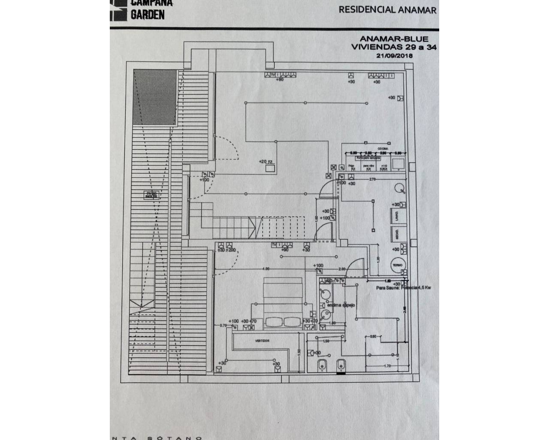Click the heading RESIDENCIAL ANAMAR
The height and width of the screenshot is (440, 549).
click(x=387, y=10)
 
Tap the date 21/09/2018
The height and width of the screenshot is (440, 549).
click(x=394, y=55)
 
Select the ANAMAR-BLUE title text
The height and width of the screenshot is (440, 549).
click(x=394, y=39)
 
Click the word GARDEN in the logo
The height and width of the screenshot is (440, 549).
click(x=147, y=15)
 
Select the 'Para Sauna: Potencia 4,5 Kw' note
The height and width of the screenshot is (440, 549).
click(x=403, y=288)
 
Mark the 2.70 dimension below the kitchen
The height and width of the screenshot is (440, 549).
click(x=372, y=179)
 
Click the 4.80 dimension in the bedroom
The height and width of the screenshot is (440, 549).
click(x=266, y=269)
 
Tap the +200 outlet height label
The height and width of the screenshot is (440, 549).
click(x=231, y=250)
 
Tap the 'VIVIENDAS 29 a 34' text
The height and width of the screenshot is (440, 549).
click(x=394, y=47)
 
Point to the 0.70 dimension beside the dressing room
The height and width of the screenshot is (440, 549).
click(x=223, y=325)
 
